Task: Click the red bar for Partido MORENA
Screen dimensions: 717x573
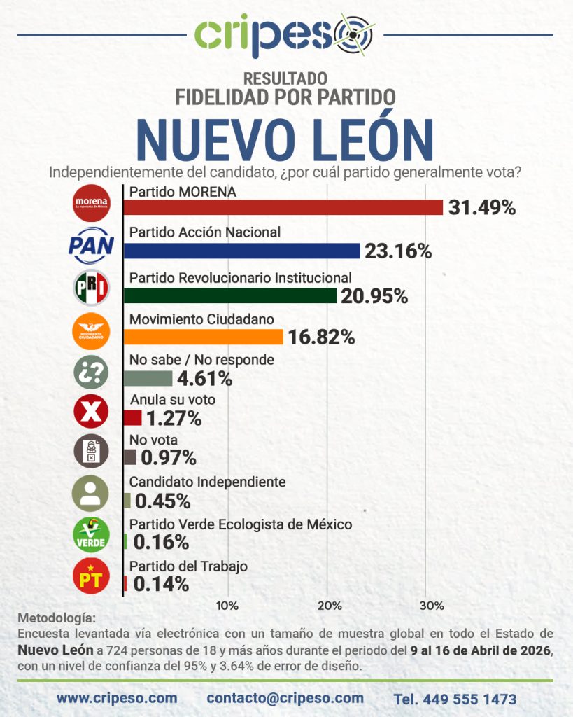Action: point(283,207)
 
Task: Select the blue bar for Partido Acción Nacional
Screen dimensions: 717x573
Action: point(241,251)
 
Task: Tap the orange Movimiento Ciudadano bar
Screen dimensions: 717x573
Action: point(203,337)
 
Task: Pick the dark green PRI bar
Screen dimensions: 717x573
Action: point(229,295)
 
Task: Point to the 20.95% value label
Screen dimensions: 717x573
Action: point(374,296)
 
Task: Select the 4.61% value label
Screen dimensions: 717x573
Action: point(204,380)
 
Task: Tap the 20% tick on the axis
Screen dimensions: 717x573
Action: point(330,605)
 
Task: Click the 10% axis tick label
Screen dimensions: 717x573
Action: point(228,605)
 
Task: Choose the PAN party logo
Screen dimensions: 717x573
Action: point(91,245)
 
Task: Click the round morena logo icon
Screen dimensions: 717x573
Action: point(91,202)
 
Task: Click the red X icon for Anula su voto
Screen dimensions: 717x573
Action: point(91,411)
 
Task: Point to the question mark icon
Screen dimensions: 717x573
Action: point(91,371)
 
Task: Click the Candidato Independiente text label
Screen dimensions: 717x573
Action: point(208,482)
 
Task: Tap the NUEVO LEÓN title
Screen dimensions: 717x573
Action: point(285,139)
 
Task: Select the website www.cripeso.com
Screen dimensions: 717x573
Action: point(117,698)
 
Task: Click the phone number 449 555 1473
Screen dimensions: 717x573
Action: point(455,699)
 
